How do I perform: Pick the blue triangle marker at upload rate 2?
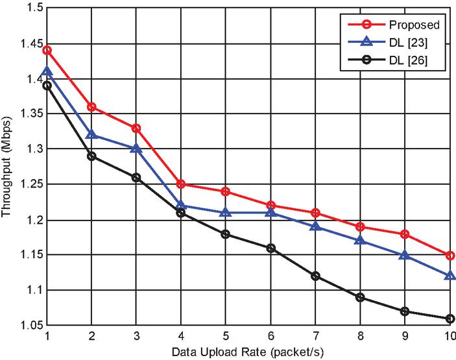tap(91, 134)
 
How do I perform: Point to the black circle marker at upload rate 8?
tap(361, 297)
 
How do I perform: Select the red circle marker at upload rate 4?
tap(181, 184)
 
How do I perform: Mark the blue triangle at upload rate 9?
tap(405, 255)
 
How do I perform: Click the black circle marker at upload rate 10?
tap(450, 318)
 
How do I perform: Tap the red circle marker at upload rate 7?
tap(316, 213)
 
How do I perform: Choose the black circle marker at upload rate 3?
tap(136, 177)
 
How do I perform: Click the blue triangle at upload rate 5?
tap(226, 212)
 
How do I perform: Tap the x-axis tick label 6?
tap(270, 337)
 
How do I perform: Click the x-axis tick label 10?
tap(449, 337)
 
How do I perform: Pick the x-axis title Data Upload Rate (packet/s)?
tap(248, 352)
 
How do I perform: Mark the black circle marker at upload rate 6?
tap(270, 248)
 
